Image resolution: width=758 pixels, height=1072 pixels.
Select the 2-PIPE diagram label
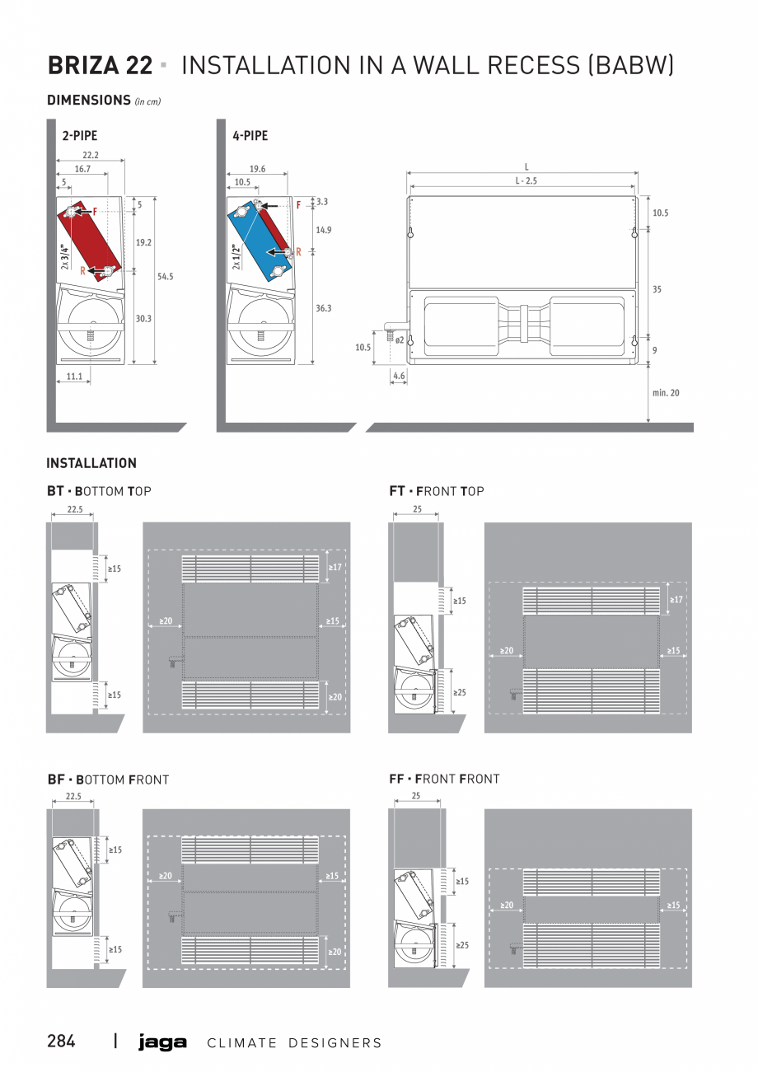(79, 136)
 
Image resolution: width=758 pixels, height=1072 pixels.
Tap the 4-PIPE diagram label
(250, 136)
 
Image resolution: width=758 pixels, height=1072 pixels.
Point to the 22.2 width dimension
(90, 155)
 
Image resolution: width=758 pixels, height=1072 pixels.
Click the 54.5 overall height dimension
(166, 277)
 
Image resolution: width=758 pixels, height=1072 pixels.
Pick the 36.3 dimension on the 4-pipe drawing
(323, 307)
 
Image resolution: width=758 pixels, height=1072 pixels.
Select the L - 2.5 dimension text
(525, 180)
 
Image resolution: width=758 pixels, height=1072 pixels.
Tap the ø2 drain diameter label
(399, 339)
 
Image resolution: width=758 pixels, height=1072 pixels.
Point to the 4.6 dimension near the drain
(399, 376)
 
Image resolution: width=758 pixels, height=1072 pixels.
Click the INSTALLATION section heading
(91, 463)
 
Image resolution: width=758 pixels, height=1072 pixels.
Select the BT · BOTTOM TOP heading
(99, 491)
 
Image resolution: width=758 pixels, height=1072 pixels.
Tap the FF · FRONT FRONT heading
(444, 779)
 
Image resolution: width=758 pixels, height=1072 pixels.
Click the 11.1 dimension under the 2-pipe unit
(73, 376)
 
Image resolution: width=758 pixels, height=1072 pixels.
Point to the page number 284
(61, 1042)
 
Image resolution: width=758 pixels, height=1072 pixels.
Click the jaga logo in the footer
(162, 1042)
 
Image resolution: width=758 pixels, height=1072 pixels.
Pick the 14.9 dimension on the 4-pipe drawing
(323, 230)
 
